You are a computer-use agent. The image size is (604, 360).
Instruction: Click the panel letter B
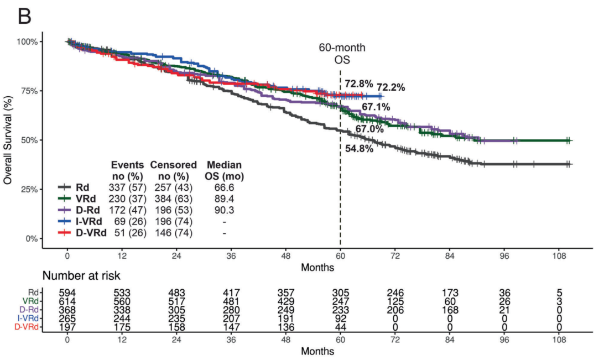[25, 17]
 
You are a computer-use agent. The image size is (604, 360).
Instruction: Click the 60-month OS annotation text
[342, 54]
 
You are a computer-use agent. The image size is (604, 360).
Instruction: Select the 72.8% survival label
[359, 84]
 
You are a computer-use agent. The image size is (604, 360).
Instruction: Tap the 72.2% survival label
[391, 87]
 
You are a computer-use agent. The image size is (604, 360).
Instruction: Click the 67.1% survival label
[376, 106]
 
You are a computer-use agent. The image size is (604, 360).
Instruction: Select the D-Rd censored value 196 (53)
[173, 210]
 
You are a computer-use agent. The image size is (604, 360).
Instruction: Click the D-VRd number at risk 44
[340, 326]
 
